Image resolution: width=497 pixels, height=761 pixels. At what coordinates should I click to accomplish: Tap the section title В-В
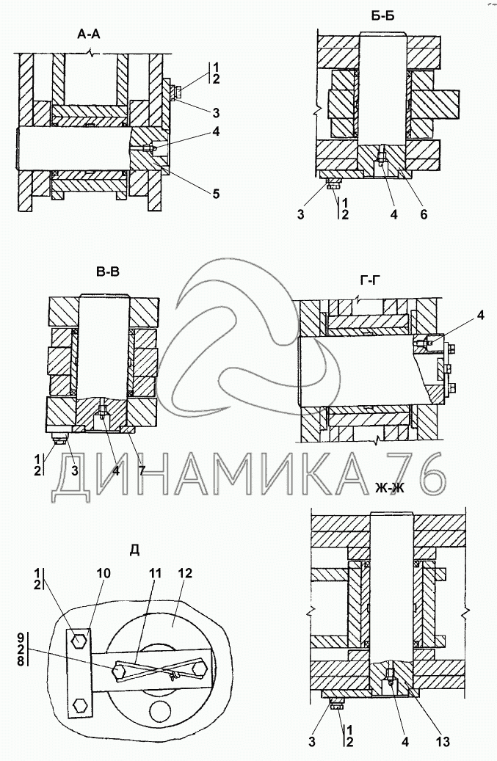click(x=107, y=273)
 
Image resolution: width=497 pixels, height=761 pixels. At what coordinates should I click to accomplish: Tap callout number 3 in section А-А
click(x=214, y=112)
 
